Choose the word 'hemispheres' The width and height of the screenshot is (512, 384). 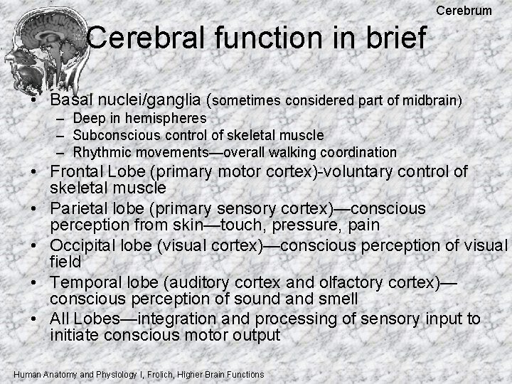pos(171,118)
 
